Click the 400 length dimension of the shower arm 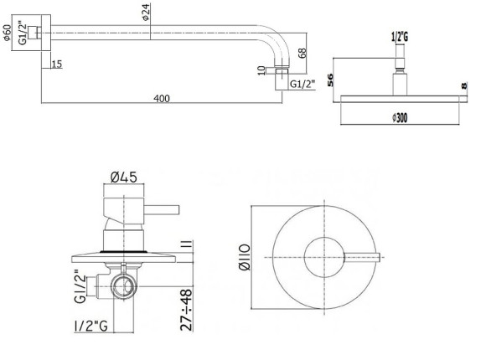point(162,99)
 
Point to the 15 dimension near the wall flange point(55,64)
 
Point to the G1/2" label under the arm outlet point(303,85)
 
